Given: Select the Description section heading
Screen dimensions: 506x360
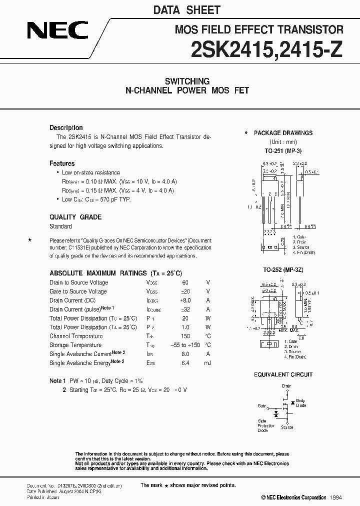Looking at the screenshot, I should pos(66,128).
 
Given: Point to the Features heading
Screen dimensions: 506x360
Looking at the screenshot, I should pos(62,163).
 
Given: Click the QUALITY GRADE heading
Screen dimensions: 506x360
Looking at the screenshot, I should pos(75,217).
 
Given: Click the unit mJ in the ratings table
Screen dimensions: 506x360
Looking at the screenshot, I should pos(208,363).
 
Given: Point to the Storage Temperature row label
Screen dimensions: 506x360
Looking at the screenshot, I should pos(75,345).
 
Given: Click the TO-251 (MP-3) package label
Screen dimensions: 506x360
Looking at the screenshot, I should pos(283,150).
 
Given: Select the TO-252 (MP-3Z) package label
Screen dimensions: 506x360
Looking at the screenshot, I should pos(283,269).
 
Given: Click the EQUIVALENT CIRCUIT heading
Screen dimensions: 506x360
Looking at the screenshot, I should pos(283,374).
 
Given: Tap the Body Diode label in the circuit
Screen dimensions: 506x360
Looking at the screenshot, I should pos(300,403).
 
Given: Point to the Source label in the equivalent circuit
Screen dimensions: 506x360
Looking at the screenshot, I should pos(287,427).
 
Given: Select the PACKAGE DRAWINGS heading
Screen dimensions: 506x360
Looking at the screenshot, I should pos(283,133).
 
